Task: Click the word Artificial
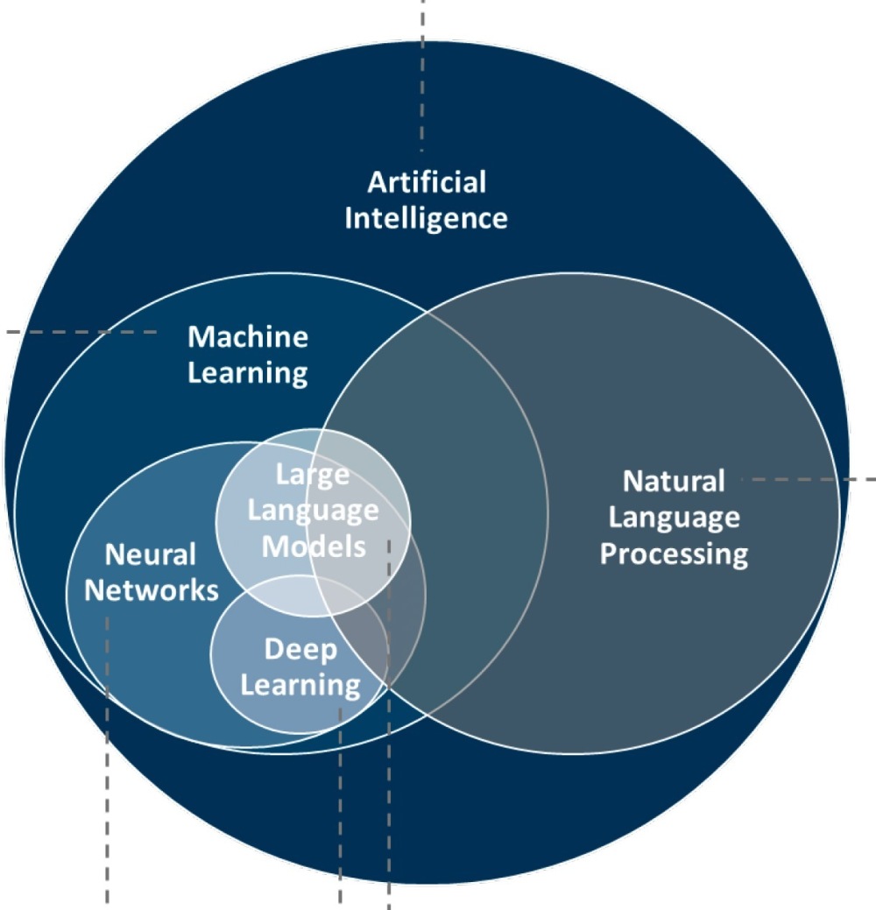(x=427, y=182)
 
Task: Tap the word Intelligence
(x=426, y=219)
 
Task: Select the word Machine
(x=248, y=337)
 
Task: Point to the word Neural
(x=151, y=554)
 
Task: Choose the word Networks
(x=152, y=591)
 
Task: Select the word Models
(x=314, y=547)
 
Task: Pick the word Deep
(x=300, y=650)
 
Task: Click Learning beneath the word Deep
(x=300, y=686)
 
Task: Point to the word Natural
(x=674, y=482)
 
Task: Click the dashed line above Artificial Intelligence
(x=422, y=76)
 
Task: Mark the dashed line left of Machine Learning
(x=81, y=332)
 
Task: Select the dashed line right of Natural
(x=809, y=479)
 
